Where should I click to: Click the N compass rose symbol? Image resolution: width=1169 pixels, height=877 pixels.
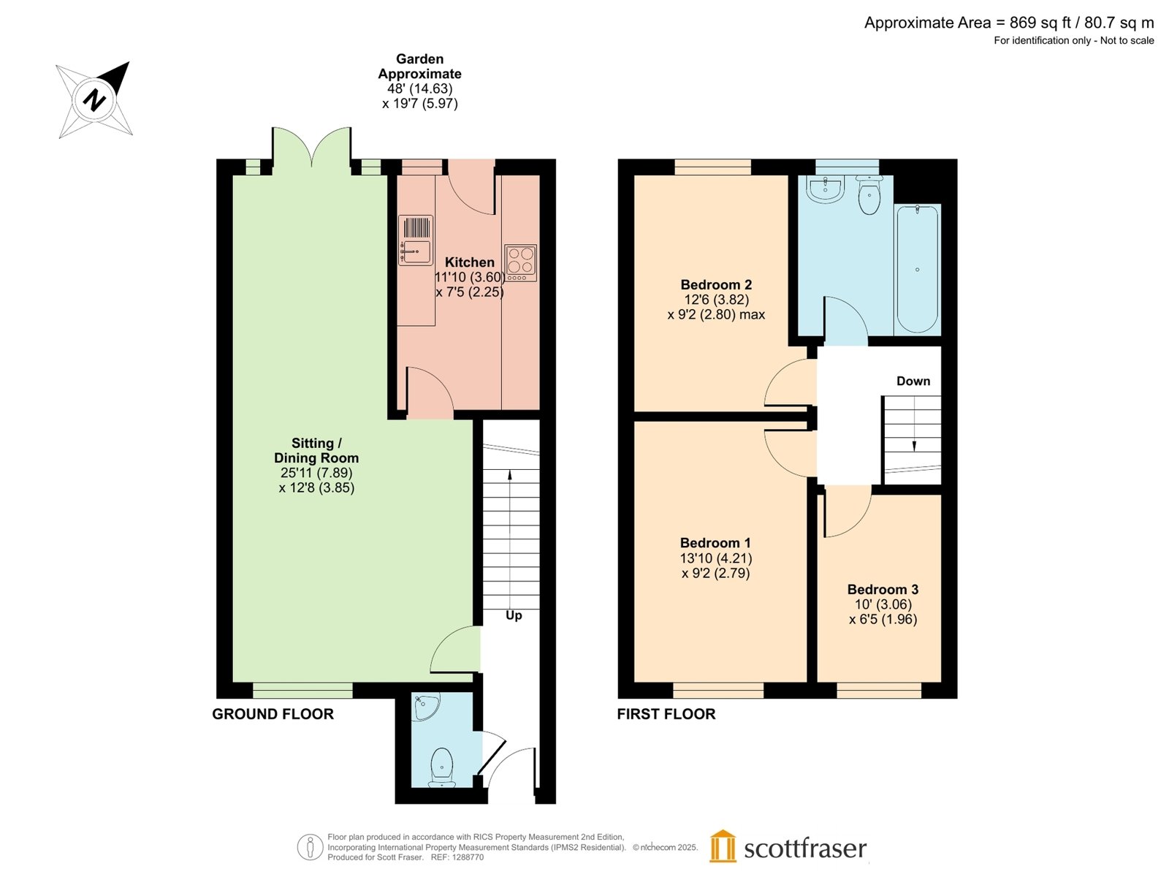pos(94,99)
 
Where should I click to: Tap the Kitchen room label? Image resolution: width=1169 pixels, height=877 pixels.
pos(469,262)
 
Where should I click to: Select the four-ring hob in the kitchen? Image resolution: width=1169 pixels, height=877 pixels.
pos(520,262)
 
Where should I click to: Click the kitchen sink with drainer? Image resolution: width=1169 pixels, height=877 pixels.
pos(416,240)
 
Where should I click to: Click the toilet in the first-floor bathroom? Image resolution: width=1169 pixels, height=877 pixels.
pos(869,194)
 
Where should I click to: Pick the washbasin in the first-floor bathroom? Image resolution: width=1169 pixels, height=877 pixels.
pos(825,189)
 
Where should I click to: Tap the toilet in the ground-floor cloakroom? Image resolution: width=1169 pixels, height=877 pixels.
pos(441,767)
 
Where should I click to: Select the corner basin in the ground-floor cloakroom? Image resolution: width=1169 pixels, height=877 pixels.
pos(426,706)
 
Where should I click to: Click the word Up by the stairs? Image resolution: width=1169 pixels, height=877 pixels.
pos(514,615)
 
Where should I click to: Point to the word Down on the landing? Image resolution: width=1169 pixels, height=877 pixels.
pos(913,381)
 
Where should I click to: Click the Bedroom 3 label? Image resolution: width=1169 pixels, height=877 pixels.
pos(883,589)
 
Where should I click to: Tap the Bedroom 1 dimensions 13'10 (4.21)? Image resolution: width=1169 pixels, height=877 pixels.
pos(716,558)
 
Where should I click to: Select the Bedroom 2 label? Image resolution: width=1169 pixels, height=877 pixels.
pos(716,284)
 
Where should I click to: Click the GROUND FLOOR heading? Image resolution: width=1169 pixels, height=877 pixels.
pos(273,714)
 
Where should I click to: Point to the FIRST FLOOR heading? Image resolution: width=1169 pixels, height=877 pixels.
pos(666,714)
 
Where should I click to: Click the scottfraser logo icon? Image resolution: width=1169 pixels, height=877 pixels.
pos(722,847)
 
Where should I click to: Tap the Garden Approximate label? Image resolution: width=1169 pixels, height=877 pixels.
pos(419,66)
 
